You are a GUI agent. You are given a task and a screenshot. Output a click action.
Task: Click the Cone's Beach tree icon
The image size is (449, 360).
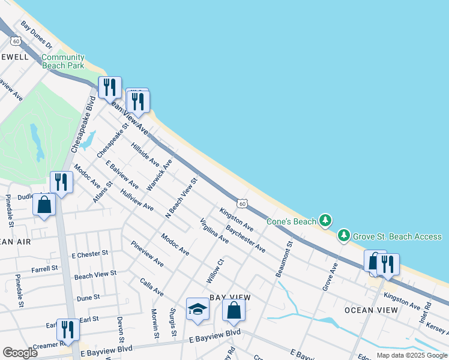[325, 221]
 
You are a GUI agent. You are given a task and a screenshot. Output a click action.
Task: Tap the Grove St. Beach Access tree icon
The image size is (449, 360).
[344, 236]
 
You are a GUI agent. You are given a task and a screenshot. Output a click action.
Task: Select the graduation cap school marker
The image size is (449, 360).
[197, 310]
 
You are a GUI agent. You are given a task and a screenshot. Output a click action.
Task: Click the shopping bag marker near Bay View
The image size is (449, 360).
[234, 311]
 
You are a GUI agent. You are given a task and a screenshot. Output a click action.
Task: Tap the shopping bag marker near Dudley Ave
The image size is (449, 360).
[44, 205]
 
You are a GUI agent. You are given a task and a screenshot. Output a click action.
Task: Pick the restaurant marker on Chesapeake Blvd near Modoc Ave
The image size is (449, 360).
[61, 182]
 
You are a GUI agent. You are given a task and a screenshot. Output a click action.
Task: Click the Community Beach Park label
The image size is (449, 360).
[63, 61]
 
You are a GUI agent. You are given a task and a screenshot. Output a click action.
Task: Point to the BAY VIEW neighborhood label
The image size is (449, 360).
[231, 298]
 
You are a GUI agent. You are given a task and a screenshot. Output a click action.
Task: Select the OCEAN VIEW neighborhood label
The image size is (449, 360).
[371, 310]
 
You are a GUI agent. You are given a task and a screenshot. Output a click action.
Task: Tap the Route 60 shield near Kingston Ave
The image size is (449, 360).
[241, 204]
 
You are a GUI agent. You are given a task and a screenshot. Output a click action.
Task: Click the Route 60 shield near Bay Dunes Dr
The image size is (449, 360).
[16, 40]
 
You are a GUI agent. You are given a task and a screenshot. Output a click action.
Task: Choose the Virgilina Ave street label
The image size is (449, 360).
[214, 230]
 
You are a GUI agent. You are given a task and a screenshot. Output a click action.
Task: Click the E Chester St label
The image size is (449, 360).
[89, 254]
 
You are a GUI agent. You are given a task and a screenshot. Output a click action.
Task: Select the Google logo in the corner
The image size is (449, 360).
[20, 353]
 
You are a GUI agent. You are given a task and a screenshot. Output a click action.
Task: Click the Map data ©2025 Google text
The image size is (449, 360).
[411, 355]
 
